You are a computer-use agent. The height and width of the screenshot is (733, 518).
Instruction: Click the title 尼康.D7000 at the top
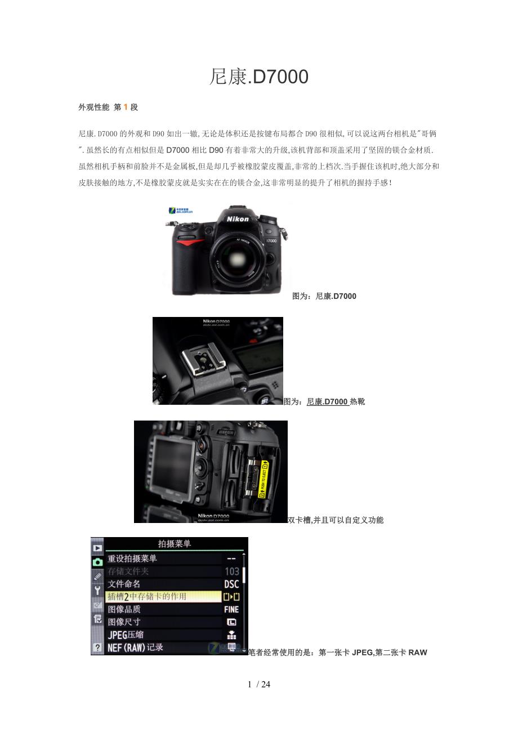[x=258, y=77]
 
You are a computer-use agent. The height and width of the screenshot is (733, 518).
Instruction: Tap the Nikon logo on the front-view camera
[x=238, y=218]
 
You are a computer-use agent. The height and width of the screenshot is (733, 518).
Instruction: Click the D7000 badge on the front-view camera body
[x=271, y=240]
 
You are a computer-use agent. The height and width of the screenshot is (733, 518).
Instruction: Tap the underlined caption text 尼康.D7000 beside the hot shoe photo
[x=327, y=401]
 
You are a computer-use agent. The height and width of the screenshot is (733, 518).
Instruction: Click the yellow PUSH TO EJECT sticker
[x=262, y=478]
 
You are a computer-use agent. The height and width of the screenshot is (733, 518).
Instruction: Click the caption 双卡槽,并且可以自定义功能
[x=336, y=520]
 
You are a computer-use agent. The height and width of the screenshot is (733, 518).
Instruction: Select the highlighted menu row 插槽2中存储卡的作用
[x=163, y=596]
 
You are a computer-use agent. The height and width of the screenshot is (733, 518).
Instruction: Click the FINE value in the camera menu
[x=231, y=609]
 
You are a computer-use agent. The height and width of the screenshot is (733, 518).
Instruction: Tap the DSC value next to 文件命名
[x=231, y=584]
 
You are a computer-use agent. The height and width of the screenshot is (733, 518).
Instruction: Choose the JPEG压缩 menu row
[x=163, y=634]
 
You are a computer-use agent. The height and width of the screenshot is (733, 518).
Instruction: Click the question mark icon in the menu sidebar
[x=97, y=648]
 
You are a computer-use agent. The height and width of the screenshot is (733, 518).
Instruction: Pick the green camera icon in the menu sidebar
[x=97, y=561]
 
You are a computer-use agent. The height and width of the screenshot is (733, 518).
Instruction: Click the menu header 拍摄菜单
[x=175, y=544]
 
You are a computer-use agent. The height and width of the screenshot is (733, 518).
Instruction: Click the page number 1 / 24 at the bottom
[x=259, y=685]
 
